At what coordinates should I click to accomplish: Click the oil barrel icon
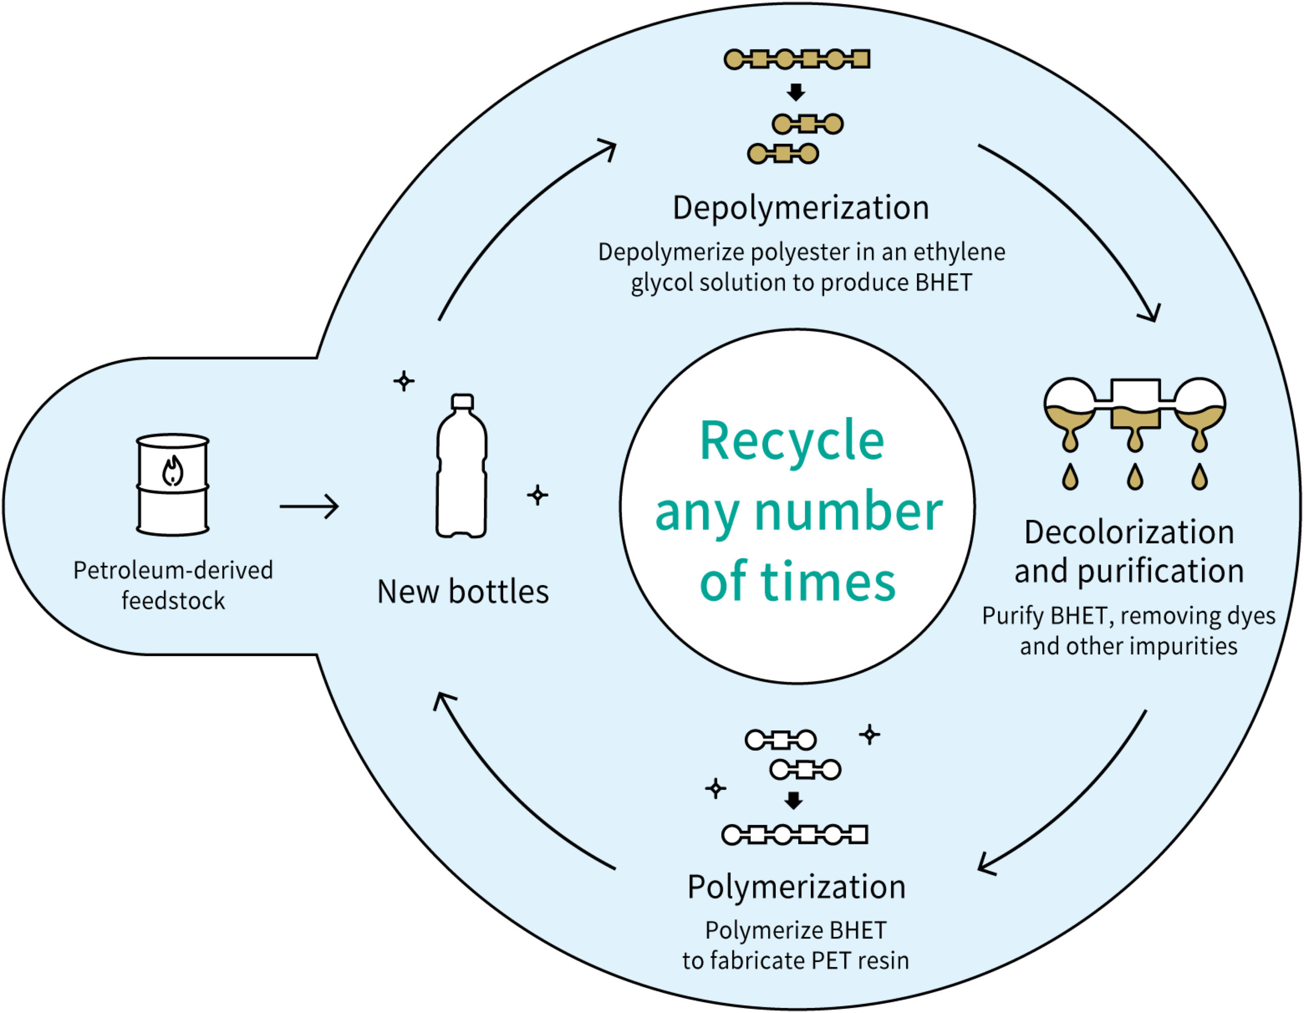173,485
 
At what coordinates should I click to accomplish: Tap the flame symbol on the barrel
173,472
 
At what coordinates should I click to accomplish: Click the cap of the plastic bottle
462,402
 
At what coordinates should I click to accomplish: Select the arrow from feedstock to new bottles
309,507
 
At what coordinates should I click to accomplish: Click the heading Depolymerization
801,208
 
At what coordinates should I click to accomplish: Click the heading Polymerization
797,887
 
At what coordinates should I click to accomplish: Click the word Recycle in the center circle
792,442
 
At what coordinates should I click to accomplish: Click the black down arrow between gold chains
796,92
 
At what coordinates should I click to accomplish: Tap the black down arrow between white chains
794,801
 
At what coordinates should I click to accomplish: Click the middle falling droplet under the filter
1134,478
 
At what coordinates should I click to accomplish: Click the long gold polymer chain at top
797,59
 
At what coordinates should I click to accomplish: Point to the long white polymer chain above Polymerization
794,835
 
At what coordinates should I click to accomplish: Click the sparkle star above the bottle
404,381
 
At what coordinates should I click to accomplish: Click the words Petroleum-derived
173,570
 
